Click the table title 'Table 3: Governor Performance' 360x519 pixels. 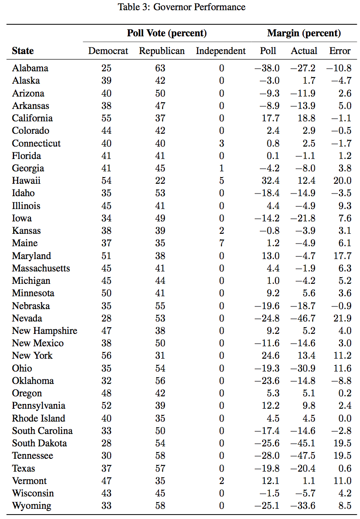click(182, 7)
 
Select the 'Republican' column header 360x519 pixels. click(162, 51)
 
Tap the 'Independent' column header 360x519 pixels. click(221, 51)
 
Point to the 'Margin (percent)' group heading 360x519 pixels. click(304, 33)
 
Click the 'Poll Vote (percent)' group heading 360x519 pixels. click(167, 33)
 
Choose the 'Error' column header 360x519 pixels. click(340, 51)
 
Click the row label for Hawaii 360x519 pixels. click(26, 181)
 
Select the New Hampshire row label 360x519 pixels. click(45, 331)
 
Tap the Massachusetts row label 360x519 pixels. click(41, 268)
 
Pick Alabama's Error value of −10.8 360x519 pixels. click(339, 68)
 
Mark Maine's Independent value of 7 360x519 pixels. click(222, 243)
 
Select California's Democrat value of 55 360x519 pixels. click(106, 118)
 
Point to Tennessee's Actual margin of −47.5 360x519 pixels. click(303, 456)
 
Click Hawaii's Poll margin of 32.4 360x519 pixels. click(271, 181)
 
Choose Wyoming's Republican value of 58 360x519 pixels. click(160, 506)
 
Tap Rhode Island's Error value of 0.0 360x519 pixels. click(345, 418)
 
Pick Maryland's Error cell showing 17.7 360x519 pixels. click(342, 256)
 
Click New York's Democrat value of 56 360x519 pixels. click(106, 356)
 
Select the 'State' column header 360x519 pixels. click(23, 51)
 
